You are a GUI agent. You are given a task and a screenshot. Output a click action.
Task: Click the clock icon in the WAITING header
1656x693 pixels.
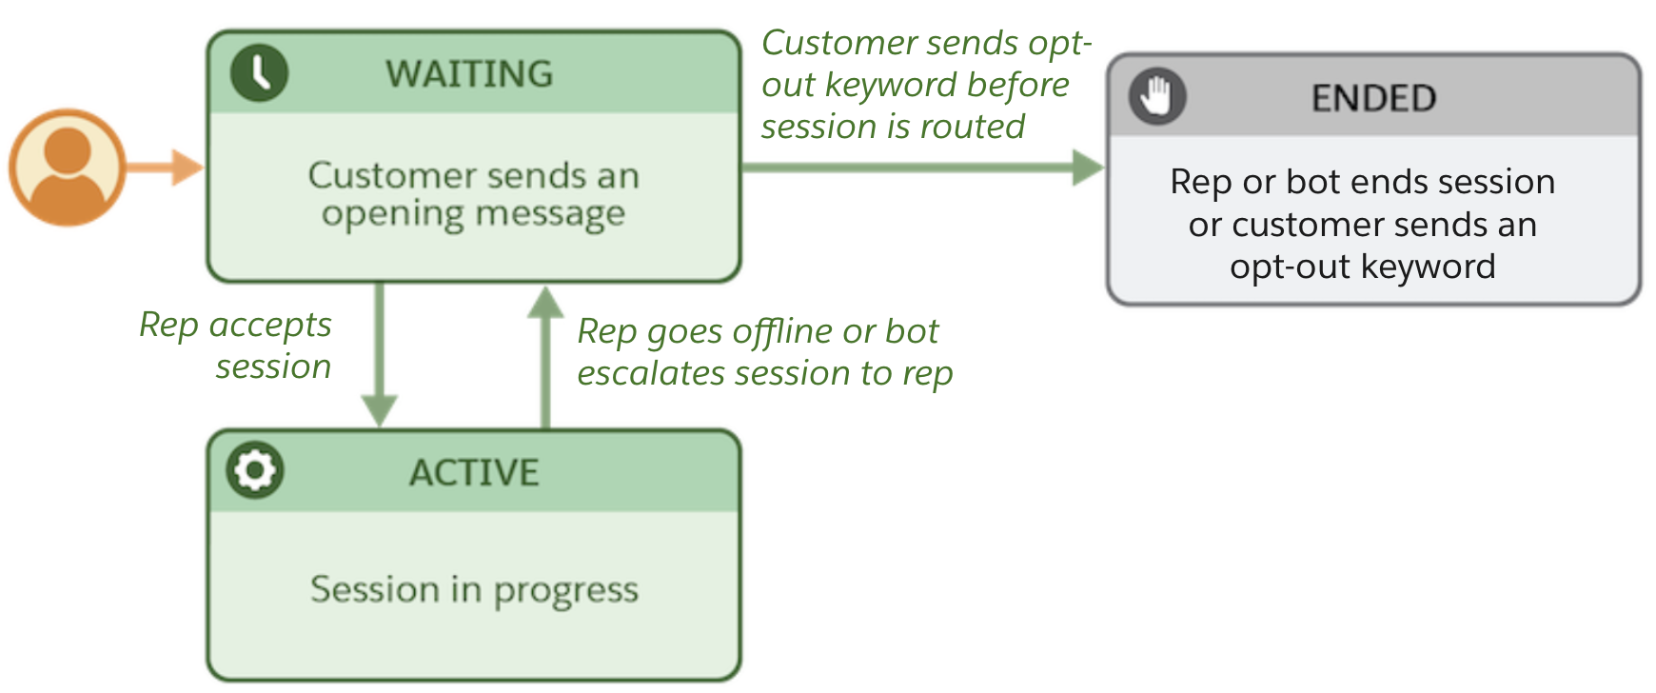[259, 72]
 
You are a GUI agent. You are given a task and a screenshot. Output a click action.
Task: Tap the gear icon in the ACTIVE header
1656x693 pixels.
[255, 469]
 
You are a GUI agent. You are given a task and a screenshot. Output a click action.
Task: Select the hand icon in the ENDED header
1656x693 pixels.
[1156, 96]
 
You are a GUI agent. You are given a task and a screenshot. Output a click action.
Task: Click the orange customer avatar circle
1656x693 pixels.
[68, 168]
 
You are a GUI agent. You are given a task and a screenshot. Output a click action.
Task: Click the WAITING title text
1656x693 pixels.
[469, 74]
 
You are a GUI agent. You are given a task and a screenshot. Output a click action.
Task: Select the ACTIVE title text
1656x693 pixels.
[474, 473]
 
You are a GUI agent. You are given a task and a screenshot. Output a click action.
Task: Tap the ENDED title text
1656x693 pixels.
[1373, 98]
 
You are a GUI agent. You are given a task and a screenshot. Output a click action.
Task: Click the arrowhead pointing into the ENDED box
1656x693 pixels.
[1087, 168]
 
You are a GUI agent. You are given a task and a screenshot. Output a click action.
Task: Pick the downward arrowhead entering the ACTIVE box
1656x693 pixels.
[380, 411]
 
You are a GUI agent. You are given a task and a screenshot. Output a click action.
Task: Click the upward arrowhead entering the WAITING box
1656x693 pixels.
[545, 303]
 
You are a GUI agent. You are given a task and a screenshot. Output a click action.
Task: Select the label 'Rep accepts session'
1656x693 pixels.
[236, 345]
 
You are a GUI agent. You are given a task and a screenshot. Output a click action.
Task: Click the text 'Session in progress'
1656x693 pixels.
[474, 590]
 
